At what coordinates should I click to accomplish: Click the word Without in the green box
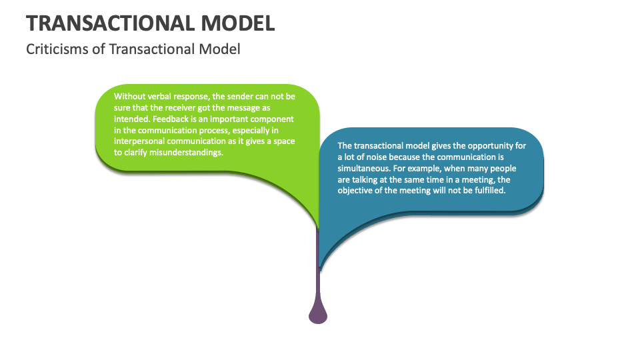click(x=129, y=96)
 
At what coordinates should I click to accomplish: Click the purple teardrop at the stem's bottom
click(x=318, y=313)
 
